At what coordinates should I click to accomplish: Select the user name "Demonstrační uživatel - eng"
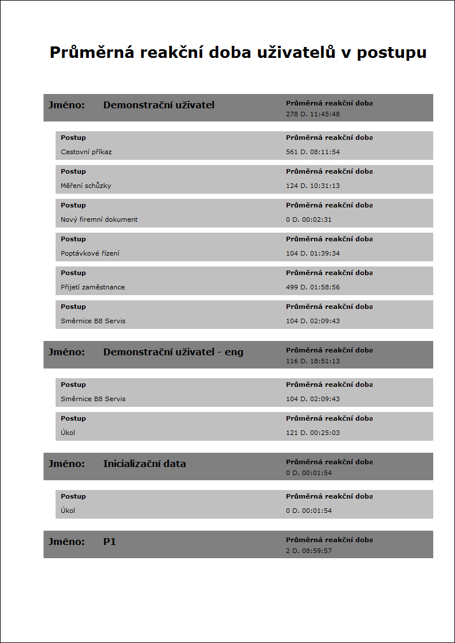point(173,352)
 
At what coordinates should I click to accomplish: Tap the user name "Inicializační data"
point(144,464)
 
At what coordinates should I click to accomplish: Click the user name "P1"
point(109,542)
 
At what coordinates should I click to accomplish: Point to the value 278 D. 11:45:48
point(313,114)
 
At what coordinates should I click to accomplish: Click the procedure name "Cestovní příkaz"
point(86,152)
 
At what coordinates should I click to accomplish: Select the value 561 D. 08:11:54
point(313,152)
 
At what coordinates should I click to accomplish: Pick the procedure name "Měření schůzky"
point(86,186)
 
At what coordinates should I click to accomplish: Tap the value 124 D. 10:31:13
point(313,186)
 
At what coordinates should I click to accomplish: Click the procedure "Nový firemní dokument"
point(99,219)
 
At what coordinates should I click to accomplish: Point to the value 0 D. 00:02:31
point(309,219)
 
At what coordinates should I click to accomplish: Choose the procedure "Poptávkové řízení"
point(90,253)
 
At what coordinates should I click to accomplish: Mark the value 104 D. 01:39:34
point(313,253)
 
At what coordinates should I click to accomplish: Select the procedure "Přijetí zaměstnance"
point(93,287)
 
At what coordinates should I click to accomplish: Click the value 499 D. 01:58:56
point(313,287)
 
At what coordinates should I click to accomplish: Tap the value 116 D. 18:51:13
point(313,361)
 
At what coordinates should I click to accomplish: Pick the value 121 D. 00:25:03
point(313,433)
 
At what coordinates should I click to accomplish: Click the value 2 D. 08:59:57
point(309,551)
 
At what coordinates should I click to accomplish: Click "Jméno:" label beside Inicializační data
point(66,464)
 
